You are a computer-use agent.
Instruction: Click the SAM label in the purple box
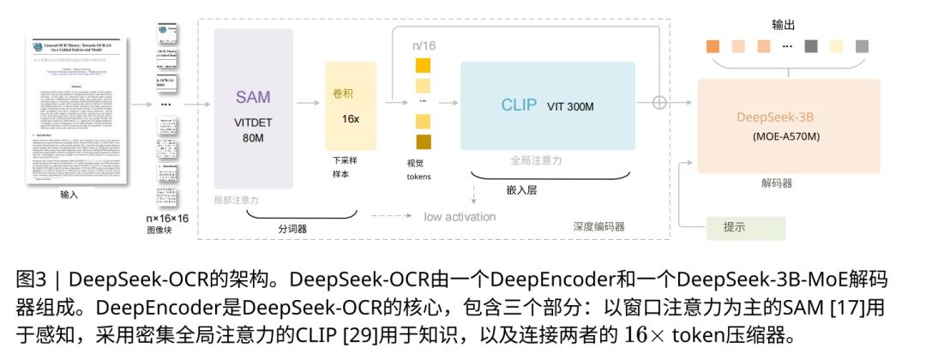click(253, 98)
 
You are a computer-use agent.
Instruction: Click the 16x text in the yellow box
click(351, 119)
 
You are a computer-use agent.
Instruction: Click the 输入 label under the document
click(69, 195)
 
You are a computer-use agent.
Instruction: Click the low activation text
click(460, 216)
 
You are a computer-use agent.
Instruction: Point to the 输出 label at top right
click(784, 24)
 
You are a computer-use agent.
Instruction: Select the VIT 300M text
click(570, 106)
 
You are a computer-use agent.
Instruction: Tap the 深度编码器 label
click(598, 226)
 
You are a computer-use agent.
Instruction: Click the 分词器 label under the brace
click(292, 229)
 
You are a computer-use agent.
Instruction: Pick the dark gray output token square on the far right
click(862, 45)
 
